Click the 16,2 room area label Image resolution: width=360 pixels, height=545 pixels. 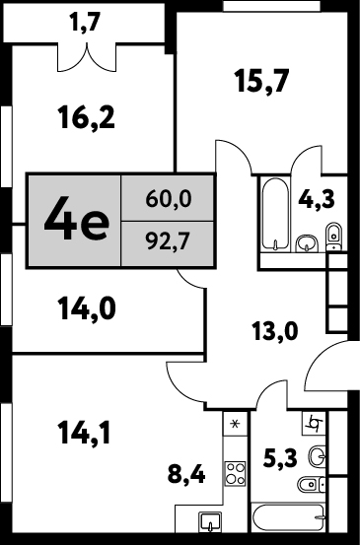(87, 118)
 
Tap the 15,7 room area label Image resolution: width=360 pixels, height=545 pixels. (262, 81)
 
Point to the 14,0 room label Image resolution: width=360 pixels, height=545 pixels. (87, 308)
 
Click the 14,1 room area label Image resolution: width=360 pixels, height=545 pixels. (85, 433)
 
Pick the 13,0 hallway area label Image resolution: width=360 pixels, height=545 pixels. (275, 331)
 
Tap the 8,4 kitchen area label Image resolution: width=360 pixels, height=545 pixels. (186, 475)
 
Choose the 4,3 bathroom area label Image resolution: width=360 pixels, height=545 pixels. (317, 199)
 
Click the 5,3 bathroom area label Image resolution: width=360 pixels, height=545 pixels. (280, 458)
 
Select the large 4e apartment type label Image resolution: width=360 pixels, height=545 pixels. (76, 219)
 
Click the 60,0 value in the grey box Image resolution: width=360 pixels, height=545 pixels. (169, 199)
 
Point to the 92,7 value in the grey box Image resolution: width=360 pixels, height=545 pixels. (169, 242)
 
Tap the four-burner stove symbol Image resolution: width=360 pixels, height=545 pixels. (235, 473)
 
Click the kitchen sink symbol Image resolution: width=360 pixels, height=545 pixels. (210, 522)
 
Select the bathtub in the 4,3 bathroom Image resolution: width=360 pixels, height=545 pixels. (275, 214)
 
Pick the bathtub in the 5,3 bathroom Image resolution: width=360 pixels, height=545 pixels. (289, 517)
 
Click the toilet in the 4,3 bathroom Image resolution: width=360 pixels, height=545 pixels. (334, 236)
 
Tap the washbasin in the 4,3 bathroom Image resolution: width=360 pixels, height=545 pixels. (307, 243)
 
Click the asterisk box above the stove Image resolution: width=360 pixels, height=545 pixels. (235, 424)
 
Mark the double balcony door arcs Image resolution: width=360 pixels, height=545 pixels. (87, 58)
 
